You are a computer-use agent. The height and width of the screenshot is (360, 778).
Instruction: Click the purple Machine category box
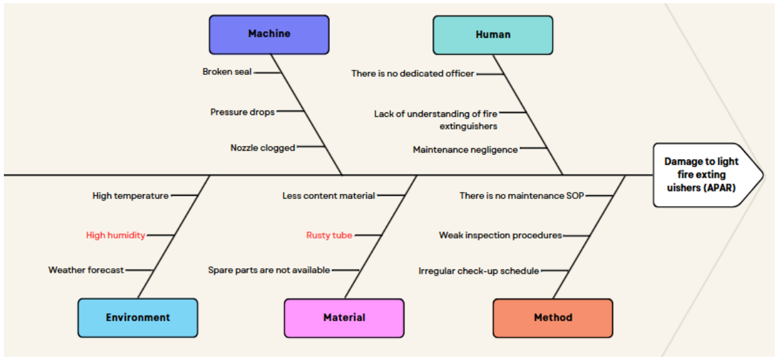click(269, 34)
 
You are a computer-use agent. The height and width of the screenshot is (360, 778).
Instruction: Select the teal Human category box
click(493, 35)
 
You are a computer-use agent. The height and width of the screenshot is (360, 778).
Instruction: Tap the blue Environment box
click(138, 317)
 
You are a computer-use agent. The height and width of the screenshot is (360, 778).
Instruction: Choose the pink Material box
click(344, 318)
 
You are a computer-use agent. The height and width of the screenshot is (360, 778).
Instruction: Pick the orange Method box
click(553, 318)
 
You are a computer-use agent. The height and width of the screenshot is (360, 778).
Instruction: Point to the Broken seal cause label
click(227, 72)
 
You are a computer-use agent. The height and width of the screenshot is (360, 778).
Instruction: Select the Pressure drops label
click(242, 112)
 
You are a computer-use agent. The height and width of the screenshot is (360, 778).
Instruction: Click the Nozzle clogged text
click(262, 147)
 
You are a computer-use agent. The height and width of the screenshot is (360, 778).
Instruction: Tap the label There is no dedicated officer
click(413, 73)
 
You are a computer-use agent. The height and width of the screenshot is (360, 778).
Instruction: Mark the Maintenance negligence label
click(465, 149)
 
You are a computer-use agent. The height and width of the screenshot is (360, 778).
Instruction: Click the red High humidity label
click(115, 235)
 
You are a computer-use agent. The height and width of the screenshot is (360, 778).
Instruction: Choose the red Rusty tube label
click(330, 235)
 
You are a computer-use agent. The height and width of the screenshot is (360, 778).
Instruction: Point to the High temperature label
click(131, 196)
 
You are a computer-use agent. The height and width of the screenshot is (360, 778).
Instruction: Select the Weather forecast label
click(86, 270)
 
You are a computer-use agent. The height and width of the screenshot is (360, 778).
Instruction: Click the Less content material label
click(328, 196)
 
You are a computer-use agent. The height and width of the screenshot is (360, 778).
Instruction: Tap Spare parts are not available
click(269, 270)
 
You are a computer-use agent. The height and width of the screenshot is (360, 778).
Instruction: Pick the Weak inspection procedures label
click(500, 235)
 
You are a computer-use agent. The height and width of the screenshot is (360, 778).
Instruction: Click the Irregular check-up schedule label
click(479, 271)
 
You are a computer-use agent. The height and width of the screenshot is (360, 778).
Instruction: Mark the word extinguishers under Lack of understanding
click(468, 126)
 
